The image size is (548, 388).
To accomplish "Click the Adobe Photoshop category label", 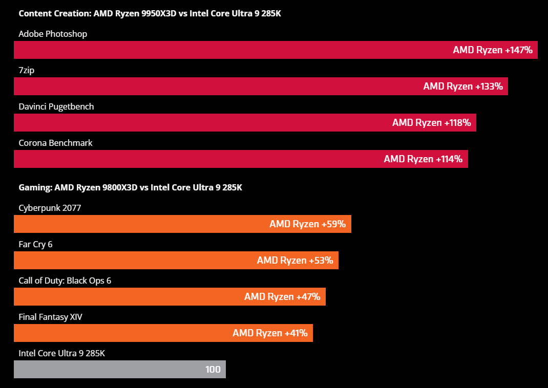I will [53, 34].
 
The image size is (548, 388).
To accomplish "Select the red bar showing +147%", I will [230, 50].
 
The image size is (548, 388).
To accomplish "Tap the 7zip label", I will [26, 70].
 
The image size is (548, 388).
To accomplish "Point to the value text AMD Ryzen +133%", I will [462, 87].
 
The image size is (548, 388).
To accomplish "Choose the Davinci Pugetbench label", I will [56, 106].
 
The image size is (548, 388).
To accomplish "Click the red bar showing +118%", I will [205, 123].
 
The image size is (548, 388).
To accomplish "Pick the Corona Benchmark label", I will [55, 143].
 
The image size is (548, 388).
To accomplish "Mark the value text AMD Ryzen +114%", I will [423, 159].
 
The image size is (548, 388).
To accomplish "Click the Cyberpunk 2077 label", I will [50, 208].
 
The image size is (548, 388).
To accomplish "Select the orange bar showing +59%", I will [143, 224].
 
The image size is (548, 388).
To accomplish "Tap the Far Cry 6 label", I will [35, 244].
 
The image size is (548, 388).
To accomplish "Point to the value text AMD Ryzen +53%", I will [295, 261].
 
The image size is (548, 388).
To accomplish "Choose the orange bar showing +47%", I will [128, 297].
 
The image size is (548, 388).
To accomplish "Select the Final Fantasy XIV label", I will [50, 317].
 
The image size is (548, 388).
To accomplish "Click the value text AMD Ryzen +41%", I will [270, 333].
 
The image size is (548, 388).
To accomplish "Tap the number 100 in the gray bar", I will [213, 370].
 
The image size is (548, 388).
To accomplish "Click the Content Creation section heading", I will [150, 13].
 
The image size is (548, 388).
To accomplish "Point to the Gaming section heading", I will [130, 187].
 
